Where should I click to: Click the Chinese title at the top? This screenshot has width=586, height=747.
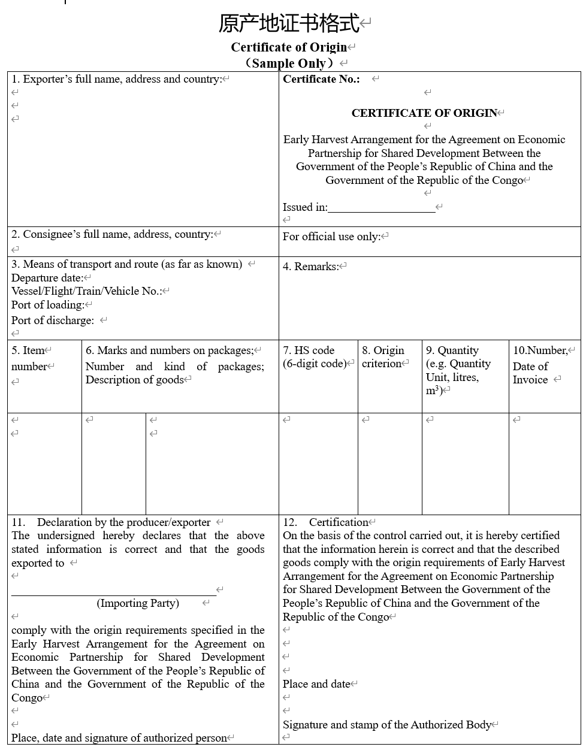(289, 23)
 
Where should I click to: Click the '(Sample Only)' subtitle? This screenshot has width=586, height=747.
(289, 63)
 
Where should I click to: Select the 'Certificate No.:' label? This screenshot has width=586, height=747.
(321, 79)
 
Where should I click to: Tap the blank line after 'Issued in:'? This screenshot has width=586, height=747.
(381, 208)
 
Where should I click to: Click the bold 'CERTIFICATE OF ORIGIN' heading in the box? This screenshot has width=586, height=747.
(424, 113)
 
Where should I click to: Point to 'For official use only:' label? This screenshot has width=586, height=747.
(331, 237)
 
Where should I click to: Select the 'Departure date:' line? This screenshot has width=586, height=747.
(47, 278)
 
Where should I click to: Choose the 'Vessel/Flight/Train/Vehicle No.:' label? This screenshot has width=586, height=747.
(86, 291)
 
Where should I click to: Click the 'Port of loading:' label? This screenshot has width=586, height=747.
(47, 305)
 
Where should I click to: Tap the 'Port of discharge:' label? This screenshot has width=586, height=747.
(53, 320)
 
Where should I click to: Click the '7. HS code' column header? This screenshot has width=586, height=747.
(309, 350)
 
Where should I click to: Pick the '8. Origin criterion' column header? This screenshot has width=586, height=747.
(383, 357)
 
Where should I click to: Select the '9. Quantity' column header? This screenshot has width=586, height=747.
(452, 350)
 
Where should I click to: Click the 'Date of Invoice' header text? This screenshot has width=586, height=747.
(530, 373)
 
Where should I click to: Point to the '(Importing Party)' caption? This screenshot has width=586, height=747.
(138, 603)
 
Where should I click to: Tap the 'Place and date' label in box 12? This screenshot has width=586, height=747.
(316, 684)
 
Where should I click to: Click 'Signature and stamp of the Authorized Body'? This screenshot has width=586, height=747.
(387, 725)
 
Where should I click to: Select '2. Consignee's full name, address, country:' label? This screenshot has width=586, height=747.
(112, 234)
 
